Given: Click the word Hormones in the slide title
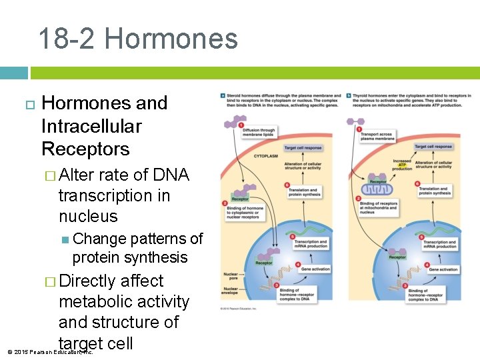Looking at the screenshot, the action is pos(171,39).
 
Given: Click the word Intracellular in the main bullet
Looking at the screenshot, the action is pos(91,126).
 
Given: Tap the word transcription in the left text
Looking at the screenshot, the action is pos(114,196).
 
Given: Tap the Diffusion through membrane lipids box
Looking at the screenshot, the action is pos(258,133).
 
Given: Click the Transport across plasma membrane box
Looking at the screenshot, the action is pos(377,136).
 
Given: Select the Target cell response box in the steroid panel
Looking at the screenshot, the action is pos(303,147).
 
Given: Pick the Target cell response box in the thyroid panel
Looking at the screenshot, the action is pos(433,147).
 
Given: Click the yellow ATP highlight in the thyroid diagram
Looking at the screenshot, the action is pos(402,165).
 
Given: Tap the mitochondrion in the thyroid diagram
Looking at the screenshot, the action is pos(378,190).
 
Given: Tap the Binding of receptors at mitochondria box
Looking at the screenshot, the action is pos(379,207).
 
